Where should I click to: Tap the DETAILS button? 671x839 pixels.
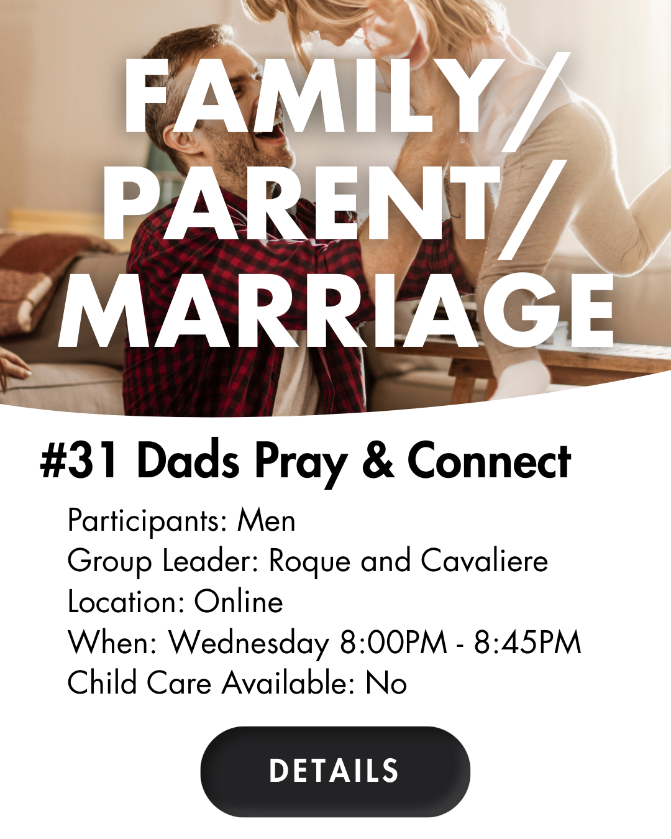click(335, 771)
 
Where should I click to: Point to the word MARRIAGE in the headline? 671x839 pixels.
click(335, 310)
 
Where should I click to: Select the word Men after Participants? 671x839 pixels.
click(267, 521)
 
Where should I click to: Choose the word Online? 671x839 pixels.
click(239, 602)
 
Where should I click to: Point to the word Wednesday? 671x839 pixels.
click(249, 643)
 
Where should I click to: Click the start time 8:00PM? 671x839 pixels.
click(393, 642)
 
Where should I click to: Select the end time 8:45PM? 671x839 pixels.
click(527, 642)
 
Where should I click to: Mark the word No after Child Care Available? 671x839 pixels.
click(386, 683)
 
